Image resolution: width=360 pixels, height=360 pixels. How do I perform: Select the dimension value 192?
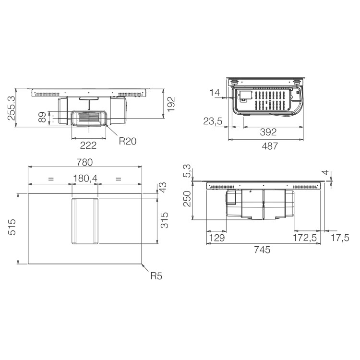[171, 104]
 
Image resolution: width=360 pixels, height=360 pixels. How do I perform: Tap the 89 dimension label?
[42, 117]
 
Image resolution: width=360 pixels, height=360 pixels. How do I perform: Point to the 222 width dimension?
[88, 145]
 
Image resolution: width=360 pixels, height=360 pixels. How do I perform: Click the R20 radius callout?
[128, 141]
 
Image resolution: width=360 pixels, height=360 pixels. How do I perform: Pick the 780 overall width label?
[84, 162]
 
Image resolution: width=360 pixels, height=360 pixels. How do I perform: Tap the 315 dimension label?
[165, 220]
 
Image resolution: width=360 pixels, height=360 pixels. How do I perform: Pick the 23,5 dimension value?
[212, 121]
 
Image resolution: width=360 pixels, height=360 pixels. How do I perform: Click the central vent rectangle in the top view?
[85, 222]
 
